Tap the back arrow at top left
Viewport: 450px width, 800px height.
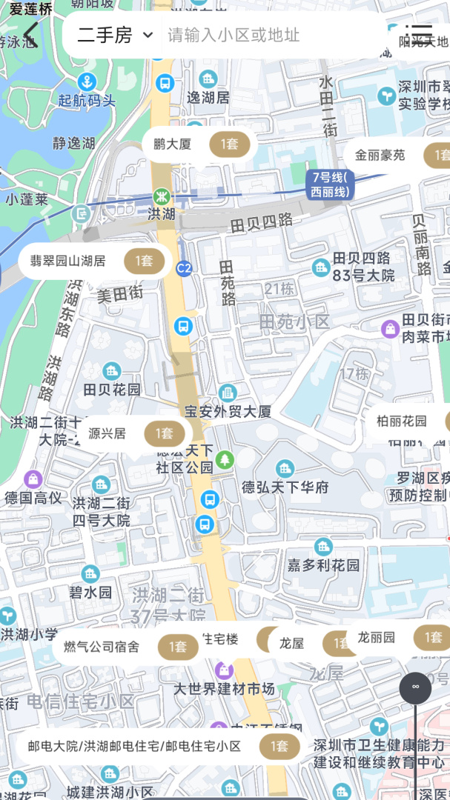click(30, 34)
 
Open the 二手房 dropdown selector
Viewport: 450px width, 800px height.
click(114, 35)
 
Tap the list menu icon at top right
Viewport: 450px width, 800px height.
click(420, 34)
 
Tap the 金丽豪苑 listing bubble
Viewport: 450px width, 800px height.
click(397, 156)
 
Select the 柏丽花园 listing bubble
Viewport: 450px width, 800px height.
click(408, 421)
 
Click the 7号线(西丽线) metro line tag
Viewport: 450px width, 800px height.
click(330, 184)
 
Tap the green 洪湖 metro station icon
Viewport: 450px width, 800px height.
click(161, 196)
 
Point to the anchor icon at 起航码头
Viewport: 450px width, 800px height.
click(88, 81)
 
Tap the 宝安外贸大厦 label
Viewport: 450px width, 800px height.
click(228, 411)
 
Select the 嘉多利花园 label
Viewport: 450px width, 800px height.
click(323, 565)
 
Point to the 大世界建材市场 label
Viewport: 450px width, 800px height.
click(224, 689)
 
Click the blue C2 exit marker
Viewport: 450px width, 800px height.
click(184, 268)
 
